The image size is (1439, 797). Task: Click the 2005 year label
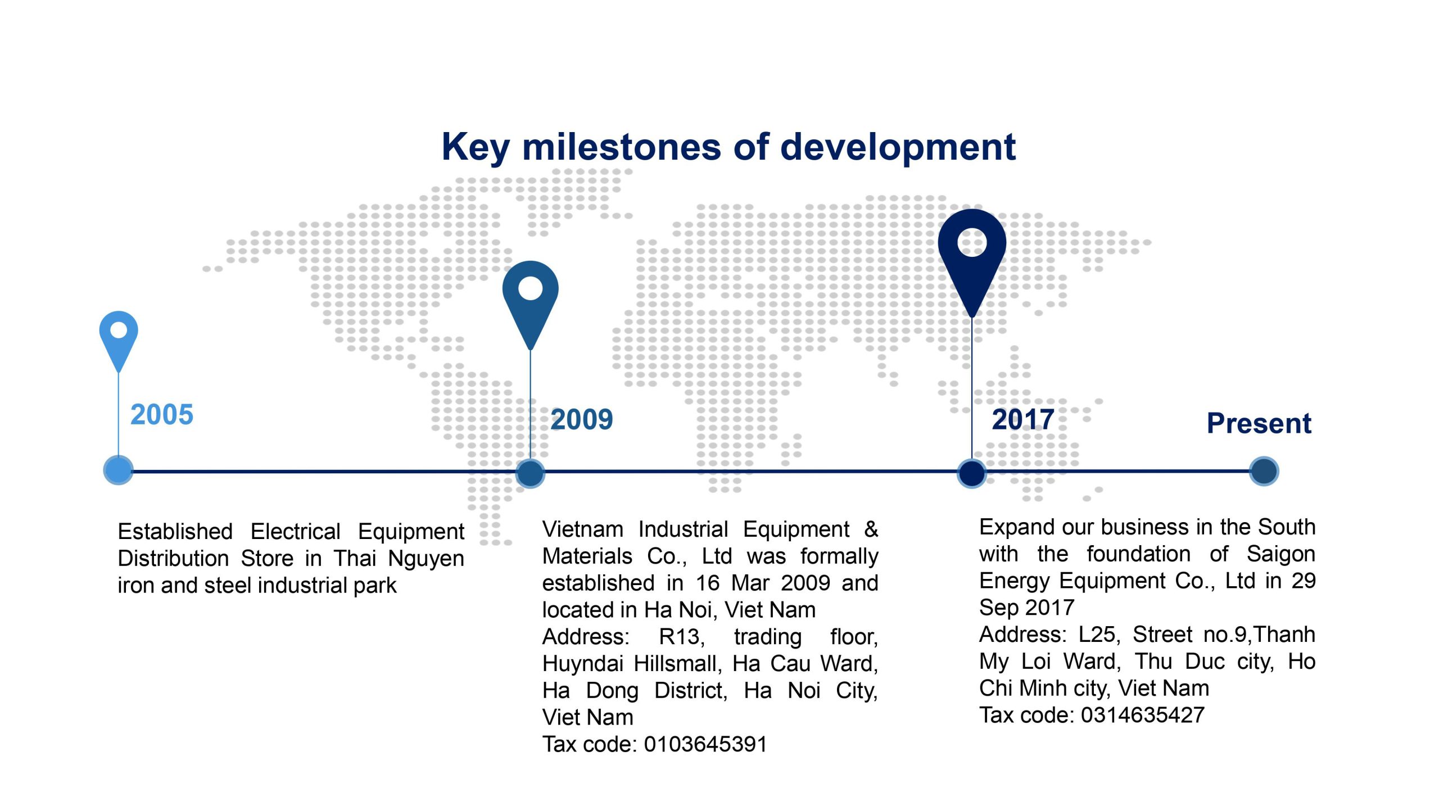[162, 415]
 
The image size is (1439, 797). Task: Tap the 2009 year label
[582, 420]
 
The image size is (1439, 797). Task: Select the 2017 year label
[1023, 420]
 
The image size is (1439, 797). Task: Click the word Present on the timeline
[1259, 423]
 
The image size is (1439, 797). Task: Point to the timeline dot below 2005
[119, 470]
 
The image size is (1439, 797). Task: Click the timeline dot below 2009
[530, 473]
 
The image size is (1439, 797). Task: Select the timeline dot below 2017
[972, 473]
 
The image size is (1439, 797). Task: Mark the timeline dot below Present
[1264, 471]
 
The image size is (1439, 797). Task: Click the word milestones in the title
[622, 147]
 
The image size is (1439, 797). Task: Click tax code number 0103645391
[705, 744]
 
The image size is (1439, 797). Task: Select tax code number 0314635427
[1143, 715]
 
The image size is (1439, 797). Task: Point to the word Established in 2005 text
[175, 532]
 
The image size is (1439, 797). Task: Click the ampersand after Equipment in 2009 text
[871, 529]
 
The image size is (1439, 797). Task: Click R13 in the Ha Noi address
[681, 637]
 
